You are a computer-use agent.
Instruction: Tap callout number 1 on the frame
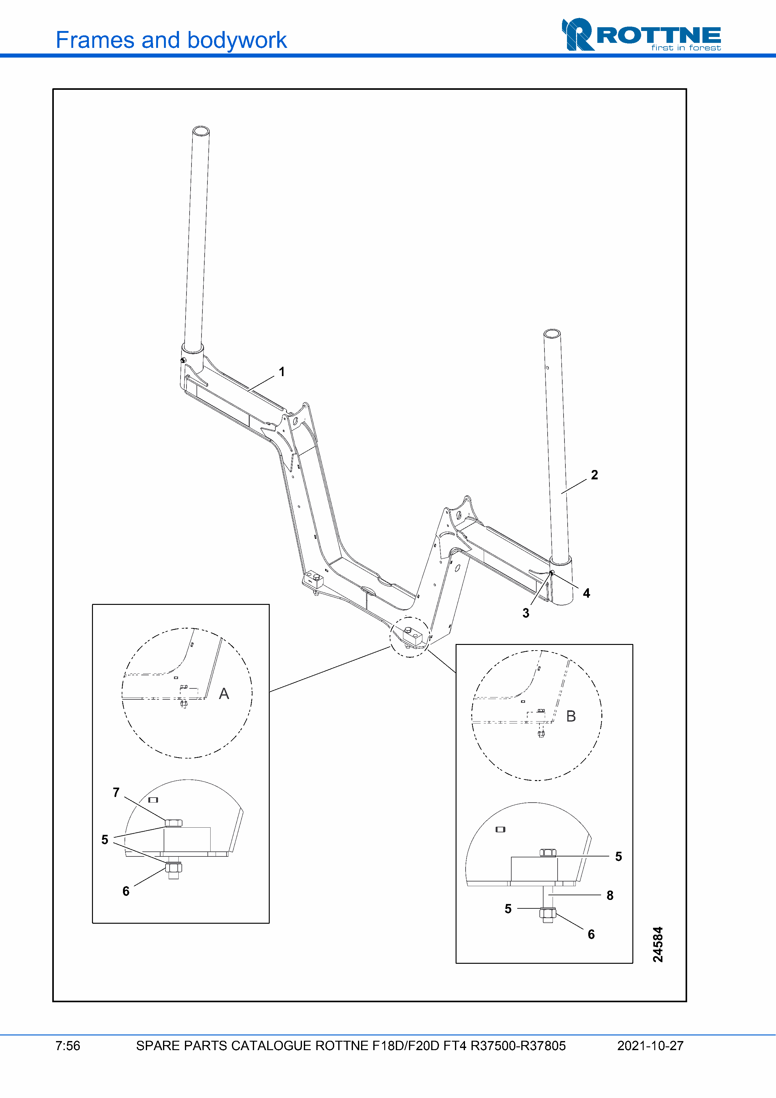[x=282, y=371]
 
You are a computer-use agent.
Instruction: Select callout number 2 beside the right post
[x=594, y=475]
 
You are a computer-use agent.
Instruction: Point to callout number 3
[x=526, y=613]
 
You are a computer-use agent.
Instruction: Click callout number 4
[x=587, y=594]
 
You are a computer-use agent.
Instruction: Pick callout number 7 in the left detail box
[x=116, y=792]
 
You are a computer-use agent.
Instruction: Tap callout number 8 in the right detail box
[x=610, y=895]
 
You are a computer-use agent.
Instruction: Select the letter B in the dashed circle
[x=571, y=716]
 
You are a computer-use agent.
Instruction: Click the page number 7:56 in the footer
[x=68, y=1046]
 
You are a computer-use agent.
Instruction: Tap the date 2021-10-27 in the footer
[x=650, y=1046]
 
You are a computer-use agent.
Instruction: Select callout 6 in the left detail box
[x=126, y=891]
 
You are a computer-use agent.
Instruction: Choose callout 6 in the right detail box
[x=591, y=934]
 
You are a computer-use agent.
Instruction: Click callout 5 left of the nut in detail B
[x=508, y=909]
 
